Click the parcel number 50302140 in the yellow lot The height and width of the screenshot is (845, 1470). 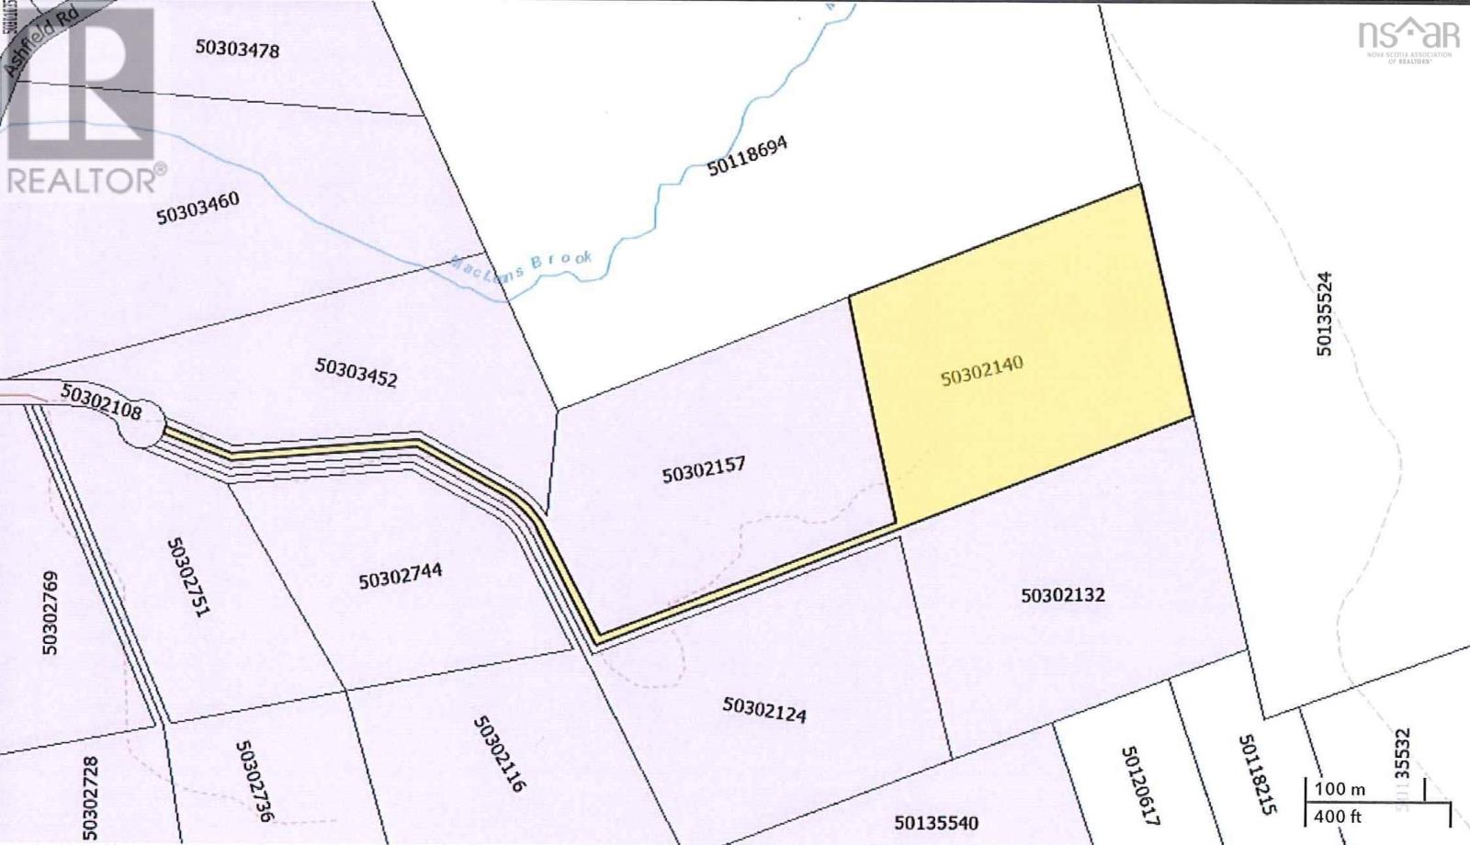981,371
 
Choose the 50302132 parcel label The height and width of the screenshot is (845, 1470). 1062,595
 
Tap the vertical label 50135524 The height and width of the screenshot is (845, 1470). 1323,313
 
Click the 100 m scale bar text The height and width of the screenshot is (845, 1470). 1339,789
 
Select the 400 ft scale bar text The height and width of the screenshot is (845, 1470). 1338,816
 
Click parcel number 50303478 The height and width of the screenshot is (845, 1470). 237,48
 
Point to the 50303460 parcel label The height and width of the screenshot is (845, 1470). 198,208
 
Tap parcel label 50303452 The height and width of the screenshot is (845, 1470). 356,372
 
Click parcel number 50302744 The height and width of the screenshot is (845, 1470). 400,576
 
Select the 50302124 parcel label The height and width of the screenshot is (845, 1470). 763,709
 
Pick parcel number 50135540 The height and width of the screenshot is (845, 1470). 936,823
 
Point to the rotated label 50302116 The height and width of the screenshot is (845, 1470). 499,754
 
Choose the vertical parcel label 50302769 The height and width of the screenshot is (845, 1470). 51,613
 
